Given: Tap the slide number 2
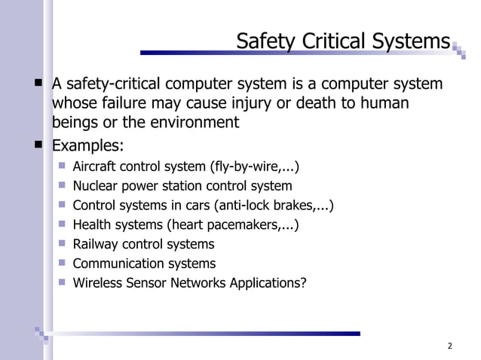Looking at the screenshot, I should pos(449,346).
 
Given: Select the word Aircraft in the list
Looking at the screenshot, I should pos(94,166).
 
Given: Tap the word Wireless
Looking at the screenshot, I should pos(97,283).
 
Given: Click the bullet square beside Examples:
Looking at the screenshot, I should pos(36,144).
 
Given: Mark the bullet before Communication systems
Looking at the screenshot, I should pos(62,263).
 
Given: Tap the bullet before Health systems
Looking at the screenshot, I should pos(62,224).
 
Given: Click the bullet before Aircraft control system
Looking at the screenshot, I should pos(62,166).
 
